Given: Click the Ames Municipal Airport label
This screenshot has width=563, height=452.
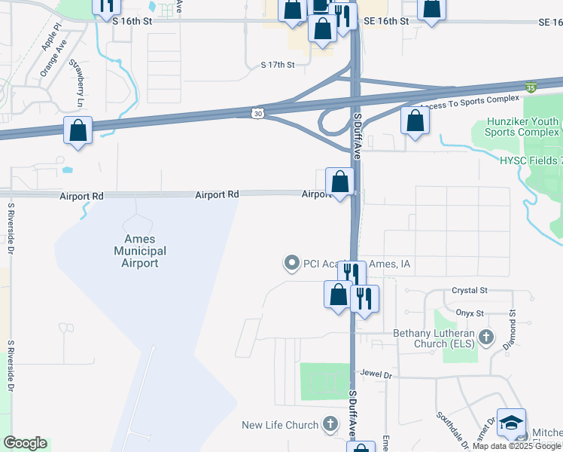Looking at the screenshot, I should pos(140,251).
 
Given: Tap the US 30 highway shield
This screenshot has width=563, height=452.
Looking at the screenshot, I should pos(257,113).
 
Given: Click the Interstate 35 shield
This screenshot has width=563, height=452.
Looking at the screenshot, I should pos(531,87).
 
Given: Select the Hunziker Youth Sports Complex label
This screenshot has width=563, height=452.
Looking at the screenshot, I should pos(523,127).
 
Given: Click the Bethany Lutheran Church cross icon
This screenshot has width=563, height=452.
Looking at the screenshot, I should pos(486,336).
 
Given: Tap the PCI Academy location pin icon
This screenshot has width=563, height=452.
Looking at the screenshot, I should pos(291,263).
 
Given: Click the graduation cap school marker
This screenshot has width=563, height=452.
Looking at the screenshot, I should pos(511,423).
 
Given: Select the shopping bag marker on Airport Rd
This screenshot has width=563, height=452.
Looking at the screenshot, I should pos(340,182).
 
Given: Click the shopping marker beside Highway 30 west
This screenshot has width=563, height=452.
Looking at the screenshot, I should pos(78,130).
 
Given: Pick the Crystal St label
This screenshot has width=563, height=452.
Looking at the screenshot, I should pos(470,290).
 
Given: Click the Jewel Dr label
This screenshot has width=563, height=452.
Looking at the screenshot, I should pos(376,374).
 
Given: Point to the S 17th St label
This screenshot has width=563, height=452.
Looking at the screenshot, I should pos(277,66).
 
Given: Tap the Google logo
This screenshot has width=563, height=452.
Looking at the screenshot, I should pos(25,443).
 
